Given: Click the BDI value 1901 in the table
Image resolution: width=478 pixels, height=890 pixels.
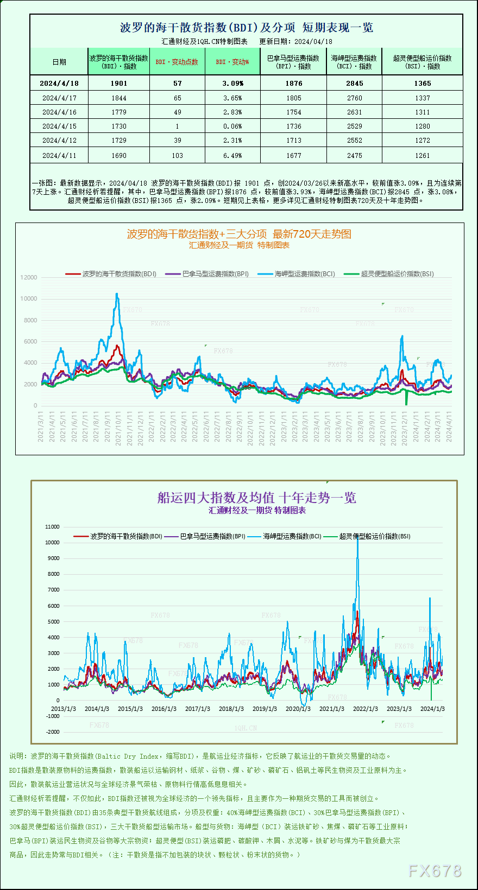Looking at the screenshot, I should tap(118, 84).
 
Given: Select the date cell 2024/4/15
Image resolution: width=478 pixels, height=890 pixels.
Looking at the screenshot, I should tap(59, 126).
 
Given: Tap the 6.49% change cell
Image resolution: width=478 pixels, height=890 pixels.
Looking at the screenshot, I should tap(232, 156).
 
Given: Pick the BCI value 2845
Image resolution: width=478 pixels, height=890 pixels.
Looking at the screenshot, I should tap(354, 84).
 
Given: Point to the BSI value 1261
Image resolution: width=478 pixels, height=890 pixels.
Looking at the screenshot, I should tap(422, 156).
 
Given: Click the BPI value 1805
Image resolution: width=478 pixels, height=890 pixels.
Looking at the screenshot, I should tap(293, 98).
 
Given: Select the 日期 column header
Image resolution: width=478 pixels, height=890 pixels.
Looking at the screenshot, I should tap(59, 62).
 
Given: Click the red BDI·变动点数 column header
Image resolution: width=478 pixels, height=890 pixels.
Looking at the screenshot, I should tap(177, 62).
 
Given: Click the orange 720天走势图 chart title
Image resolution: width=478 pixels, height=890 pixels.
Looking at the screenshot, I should tap(239, 234).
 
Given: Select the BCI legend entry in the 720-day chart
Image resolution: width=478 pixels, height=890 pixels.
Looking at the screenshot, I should tap(304, 274).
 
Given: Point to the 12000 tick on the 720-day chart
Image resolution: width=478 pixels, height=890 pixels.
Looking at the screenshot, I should tap(29, 277).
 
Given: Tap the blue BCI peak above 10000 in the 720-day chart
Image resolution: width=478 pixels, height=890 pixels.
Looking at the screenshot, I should tap(117, 294).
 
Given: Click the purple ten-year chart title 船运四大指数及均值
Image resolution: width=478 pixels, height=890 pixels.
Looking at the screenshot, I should tap(256, 498).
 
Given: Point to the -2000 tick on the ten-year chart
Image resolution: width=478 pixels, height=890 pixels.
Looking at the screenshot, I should tap(53, 732).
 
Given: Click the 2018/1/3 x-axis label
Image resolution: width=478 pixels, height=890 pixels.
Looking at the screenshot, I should tap(231, 709).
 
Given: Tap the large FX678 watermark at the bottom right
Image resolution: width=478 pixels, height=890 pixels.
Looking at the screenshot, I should tap(435, 872).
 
